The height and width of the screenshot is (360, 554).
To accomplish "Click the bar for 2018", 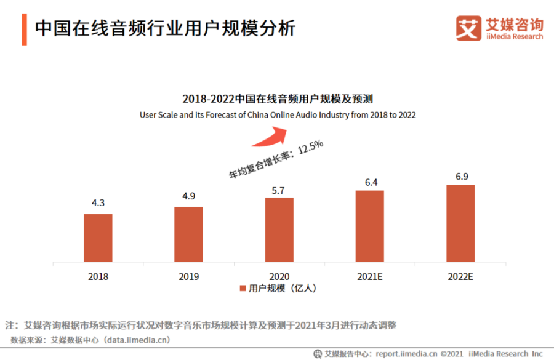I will [98, 238].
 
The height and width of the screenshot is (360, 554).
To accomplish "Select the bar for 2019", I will [188, 234].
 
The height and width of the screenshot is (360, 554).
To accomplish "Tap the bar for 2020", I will [279, 230].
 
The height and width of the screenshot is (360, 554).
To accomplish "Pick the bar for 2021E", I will [369, 226].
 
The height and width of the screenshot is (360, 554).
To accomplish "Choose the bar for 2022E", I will [460, 223].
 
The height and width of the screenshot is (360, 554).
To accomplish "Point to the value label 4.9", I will [188, 198].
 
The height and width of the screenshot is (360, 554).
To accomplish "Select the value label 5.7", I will [279, 190].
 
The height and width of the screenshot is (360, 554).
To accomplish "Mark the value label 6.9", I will [460, 177].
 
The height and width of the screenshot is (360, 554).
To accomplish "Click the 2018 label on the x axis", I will [98, 277].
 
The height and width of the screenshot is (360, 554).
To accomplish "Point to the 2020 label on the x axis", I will [279, 277].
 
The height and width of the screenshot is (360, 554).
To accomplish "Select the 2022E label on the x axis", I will [460, 277].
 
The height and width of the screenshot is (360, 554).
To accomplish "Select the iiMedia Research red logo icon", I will [468, 28].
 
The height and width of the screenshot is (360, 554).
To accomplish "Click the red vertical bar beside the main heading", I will [24, 28].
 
